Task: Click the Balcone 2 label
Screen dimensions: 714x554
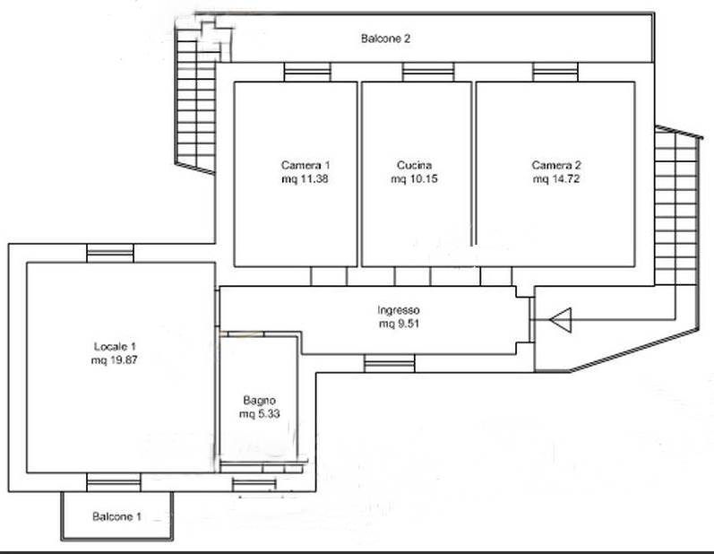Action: pyautogui.click(x=385, y=39)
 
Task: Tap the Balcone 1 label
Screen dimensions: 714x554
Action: pyautogui.click(x=116, y=516)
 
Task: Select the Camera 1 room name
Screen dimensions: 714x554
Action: pyautogui.click(x=305, y=165)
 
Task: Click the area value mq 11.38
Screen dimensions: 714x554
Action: pyautogui.click(x=305, y=179)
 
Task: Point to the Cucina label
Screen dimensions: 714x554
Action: pyautogui.click(x=414, y=165)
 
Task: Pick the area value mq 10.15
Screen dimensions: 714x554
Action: pyautogui.click(x=414, y=179)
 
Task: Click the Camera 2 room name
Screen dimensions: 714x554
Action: pyautogui.click(x=556, y=165)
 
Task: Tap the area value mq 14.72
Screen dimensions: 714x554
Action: pyautogui.click(x=556, y=179)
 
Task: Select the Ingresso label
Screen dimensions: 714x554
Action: pyautogui.click(x=399, y=310)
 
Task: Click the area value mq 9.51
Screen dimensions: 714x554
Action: pyautogui.click(x=399, y=324)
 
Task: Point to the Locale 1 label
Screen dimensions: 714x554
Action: pyautogui.click(x=115, y=347)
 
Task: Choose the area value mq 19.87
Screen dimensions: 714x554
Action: pyautogui.click(x=115, y=360)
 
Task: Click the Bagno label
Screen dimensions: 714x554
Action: pyautogui.click(x=259, y=401)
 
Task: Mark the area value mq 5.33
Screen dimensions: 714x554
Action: pyautogui.click(x=259, y=414)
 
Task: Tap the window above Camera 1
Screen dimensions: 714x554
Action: pyautogui.click(x=307, y=72)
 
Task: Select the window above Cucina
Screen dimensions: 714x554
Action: pyautogui.click(x=428, y=72)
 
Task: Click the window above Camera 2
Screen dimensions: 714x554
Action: pyautogui.click(x=555, y=72)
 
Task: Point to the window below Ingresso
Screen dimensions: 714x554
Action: pyautogui.click(x=390, y=364)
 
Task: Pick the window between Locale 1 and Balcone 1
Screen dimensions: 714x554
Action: pyautogui.click(x=114, y=482)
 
